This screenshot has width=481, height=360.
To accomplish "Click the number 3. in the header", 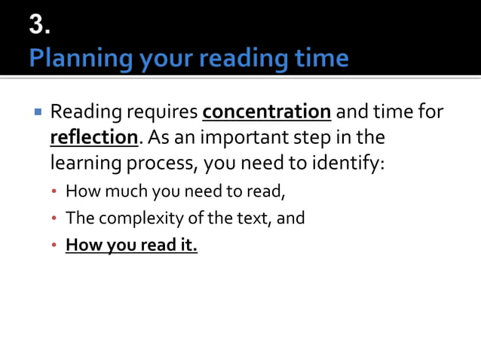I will [41, 25].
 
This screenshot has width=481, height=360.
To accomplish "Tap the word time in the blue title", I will [320, 58].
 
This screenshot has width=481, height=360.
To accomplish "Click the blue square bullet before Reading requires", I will [36, 113].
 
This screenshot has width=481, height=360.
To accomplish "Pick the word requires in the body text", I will [162, 113].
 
